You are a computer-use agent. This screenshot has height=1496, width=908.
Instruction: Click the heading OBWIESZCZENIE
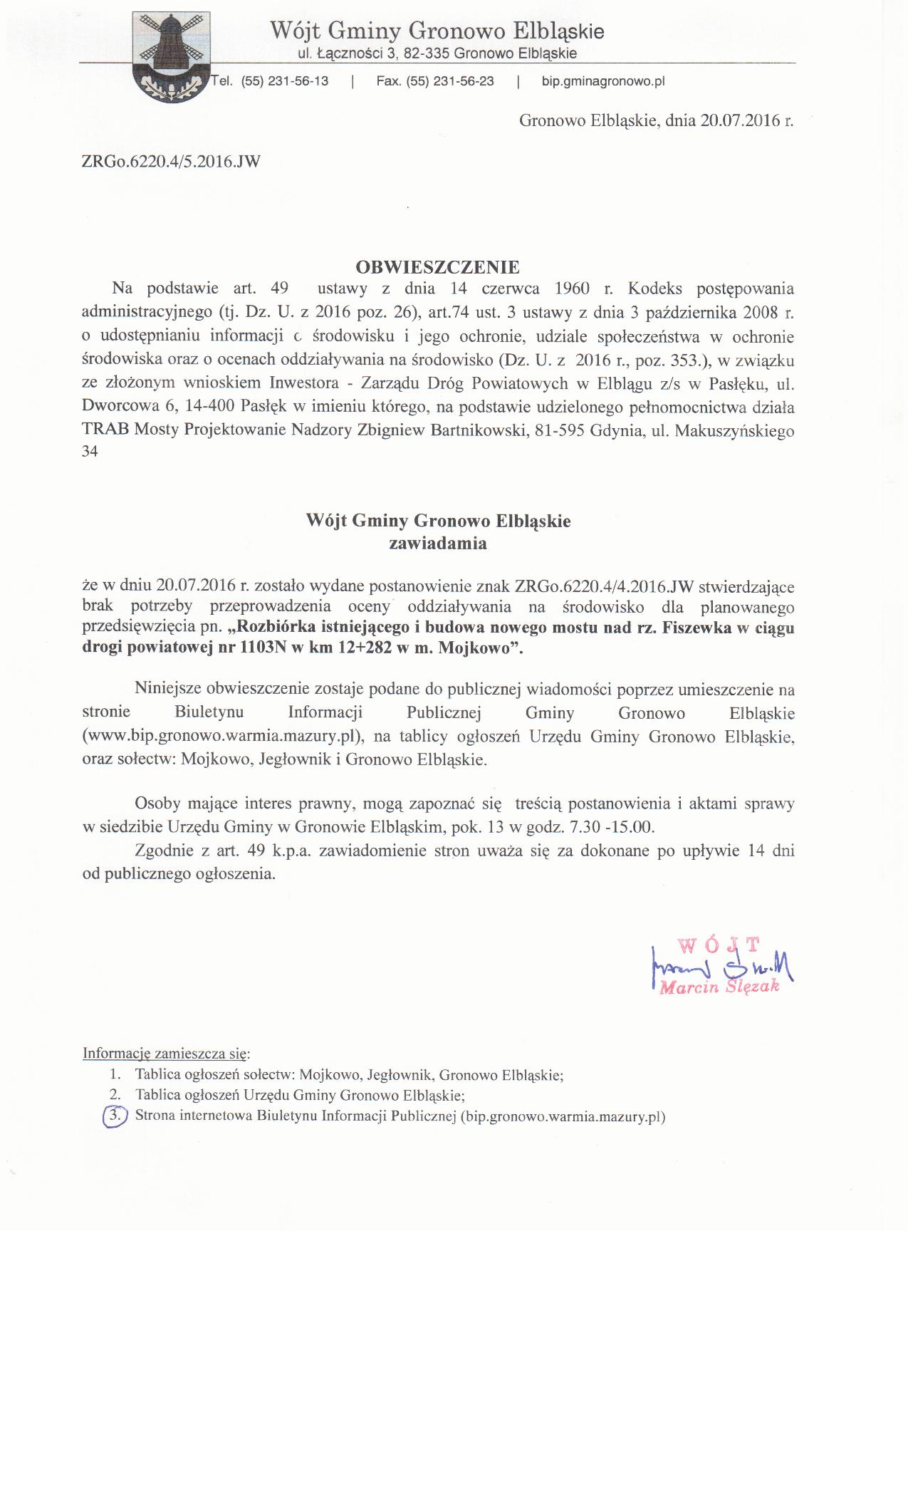[x=437, y=267]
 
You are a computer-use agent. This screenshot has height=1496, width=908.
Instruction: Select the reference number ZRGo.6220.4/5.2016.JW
[x=172, y=161]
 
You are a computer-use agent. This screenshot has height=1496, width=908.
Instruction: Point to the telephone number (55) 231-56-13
[x=285, y=81]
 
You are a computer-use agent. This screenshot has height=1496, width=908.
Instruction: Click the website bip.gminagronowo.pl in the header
[x=602, y=81]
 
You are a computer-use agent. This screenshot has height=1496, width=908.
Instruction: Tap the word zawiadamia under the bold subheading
[x=437, y=543]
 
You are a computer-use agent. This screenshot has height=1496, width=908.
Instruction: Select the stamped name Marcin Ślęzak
[x=719, y=987]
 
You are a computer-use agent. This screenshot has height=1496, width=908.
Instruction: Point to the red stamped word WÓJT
[x=719, y=945]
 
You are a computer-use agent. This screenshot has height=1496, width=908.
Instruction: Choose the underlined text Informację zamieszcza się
[x=166, y=1053]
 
